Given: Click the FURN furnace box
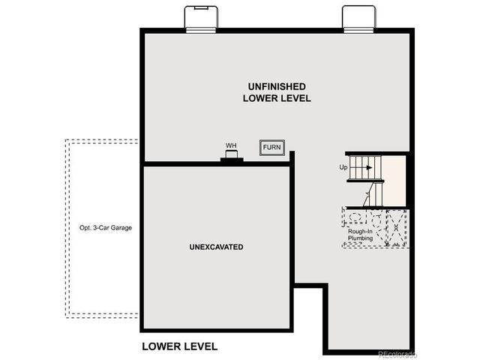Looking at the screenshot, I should (271, 148).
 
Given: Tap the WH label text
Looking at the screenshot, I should (231, 145).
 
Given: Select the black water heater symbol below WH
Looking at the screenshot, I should (231, 158).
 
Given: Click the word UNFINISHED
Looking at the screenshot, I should (277, 86).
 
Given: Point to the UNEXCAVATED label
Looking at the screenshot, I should (216, 247).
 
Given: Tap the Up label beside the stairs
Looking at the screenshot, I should (343, 167).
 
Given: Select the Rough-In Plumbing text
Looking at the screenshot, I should (361, 235).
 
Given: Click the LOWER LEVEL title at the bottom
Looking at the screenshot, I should (180, 346).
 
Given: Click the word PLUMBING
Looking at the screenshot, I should (361, 238).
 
